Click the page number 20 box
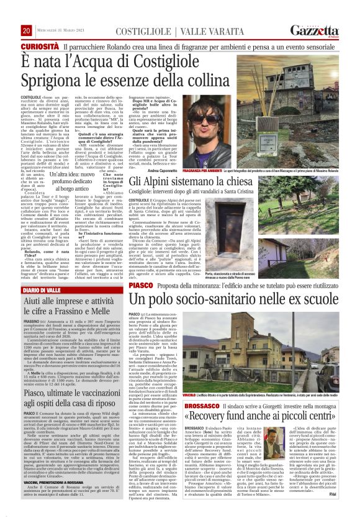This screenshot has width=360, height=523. (x=27, y=30)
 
